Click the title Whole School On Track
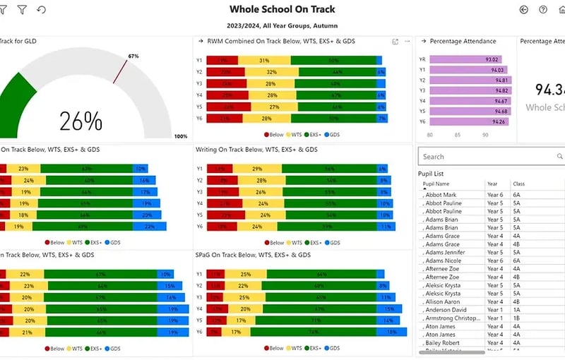click(x=282, y=10)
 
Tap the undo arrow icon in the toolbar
click(x=41, y=10)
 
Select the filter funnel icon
click(x=22, y=10)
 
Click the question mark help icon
click(x=543, y=10)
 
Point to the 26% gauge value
click(x=81, y=121)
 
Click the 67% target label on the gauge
click(x=133, y=56)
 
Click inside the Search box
click(x=487, y=157)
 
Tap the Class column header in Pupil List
click(x=518, y=184)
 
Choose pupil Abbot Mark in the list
click(x=442, y=195)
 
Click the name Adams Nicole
click(x=444, y=260)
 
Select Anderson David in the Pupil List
click(x=447, y=310)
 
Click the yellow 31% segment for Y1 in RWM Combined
click(x=264, y=61)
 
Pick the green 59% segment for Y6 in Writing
click(x=328, y=227)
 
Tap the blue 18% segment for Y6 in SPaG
click(x=388, y=332)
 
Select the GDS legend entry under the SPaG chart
click(x=332, y=349)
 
